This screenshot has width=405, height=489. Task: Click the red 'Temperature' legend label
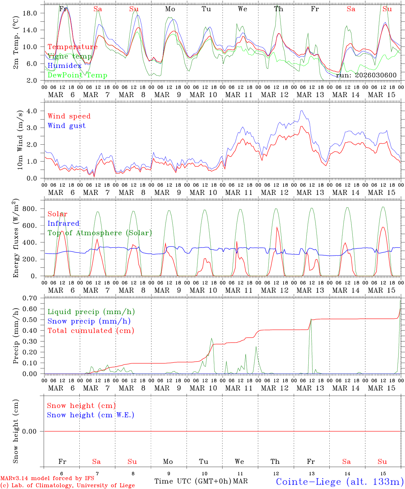(x=73, y=47)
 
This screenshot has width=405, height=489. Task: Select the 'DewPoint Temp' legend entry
(x=77, y=75)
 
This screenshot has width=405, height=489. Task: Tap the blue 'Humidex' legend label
(x=65, y=66)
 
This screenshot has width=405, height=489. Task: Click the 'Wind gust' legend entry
(x=67, y=126)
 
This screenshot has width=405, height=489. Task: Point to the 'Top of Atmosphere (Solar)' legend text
(x=100, y=233)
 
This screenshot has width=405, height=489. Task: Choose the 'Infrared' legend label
(x=63, y=223)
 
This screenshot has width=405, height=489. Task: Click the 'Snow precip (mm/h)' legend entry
(x=89, y=321)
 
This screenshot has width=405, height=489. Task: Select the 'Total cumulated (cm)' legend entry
(x=91, y=331)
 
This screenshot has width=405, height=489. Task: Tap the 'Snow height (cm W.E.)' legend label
(x=91, y=415)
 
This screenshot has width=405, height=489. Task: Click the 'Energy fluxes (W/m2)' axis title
(x=16, y=239)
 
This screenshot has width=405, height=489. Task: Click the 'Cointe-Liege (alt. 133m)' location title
(x=340, y=481)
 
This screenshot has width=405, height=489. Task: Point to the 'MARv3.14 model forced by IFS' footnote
(x=47, y=478)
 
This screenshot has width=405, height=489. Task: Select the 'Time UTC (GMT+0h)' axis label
(x=193, y=481)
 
